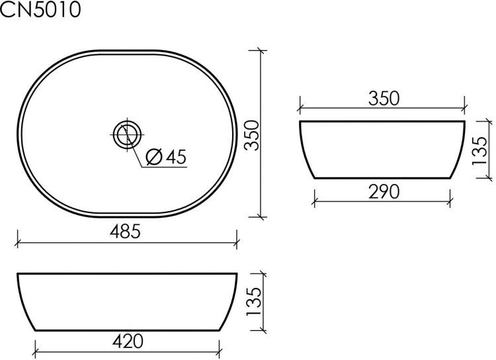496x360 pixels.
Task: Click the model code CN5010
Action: coord(41,11)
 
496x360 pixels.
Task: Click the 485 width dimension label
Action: coord(125,232)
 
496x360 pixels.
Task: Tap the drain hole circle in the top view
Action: coord(125,134)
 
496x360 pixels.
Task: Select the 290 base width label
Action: coord(383,191)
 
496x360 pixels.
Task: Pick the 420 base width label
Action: coord(128,341)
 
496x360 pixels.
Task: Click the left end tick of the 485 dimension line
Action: coord(17,242)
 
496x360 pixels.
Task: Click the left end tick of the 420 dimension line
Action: coord(34,351)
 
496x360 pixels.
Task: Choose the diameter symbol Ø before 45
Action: coord(151,157)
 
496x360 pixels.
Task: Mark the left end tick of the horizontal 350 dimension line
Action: coord(300,107)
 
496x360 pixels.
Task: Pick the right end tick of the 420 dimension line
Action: coord(220,351)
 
